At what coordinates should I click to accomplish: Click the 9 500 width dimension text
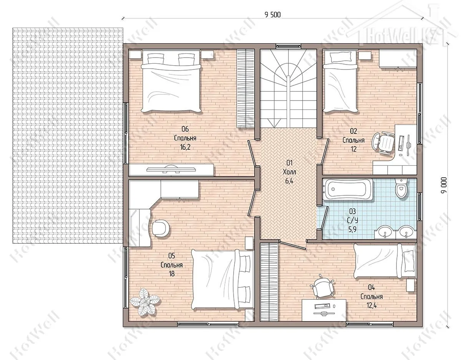(x=272, y=15)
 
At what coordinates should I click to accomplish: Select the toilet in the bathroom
(x=401, y=188)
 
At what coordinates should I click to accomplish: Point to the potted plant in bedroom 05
(x=145, y=301)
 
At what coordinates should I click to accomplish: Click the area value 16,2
(x=185, y=147)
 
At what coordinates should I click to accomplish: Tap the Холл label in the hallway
(x=289, y=172)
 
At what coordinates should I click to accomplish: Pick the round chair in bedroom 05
(x=161, y=228)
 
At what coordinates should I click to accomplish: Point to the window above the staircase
(x=288, y=46)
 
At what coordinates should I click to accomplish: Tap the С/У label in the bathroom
(x=352, y=220)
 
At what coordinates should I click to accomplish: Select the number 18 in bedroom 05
(x=172, y=274)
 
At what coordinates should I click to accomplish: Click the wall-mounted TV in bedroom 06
(x=171, y=170)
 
